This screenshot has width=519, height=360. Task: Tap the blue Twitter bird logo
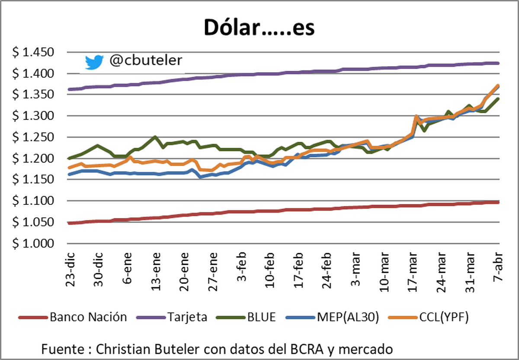click(x=94, y=62)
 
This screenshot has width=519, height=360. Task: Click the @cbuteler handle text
click(x=146, y=61)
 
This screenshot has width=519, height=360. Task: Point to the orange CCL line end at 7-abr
click(x=498, y=86)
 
